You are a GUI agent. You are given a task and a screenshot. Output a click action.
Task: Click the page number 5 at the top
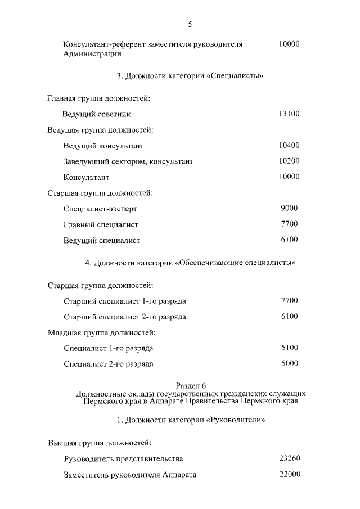click(x=190, y=24)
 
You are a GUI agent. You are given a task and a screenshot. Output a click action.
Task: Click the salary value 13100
click(x=289, y=114)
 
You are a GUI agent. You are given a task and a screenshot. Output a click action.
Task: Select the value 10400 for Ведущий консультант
click(x=289, y=146)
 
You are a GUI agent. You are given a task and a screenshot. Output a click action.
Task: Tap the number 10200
click(x=289, y=161)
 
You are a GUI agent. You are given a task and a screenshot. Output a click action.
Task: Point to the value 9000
click(x=289, y=209)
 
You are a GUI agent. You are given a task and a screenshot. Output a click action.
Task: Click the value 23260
click(x=289, y=459)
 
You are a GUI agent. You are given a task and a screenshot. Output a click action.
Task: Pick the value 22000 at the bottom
click(x=289, y=475)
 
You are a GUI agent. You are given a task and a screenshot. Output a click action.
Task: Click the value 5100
click(x=289, y=348)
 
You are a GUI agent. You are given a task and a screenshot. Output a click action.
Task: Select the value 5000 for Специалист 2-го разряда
click(x=289, y=364)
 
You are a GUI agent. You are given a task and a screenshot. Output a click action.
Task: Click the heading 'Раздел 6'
click(x=191, y=385)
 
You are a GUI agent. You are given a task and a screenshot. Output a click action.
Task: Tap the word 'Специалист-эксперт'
click(x=101, y=209)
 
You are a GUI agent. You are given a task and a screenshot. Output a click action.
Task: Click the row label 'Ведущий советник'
click(x=96, y=115)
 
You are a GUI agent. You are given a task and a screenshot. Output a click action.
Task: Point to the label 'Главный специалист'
click(x=101, y=225)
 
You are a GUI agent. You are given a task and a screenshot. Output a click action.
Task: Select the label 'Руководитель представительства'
click(x=124, y=459)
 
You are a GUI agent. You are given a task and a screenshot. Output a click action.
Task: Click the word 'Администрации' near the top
click(x=92, y=55)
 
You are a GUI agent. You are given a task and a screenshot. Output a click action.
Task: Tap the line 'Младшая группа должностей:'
click(x=100, y=333)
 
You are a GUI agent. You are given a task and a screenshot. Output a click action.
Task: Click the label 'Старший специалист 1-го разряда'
click(x=125, y=301)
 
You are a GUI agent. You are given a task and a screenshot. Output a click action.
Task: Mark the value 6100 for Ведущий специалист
click(x=289, y=240)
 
